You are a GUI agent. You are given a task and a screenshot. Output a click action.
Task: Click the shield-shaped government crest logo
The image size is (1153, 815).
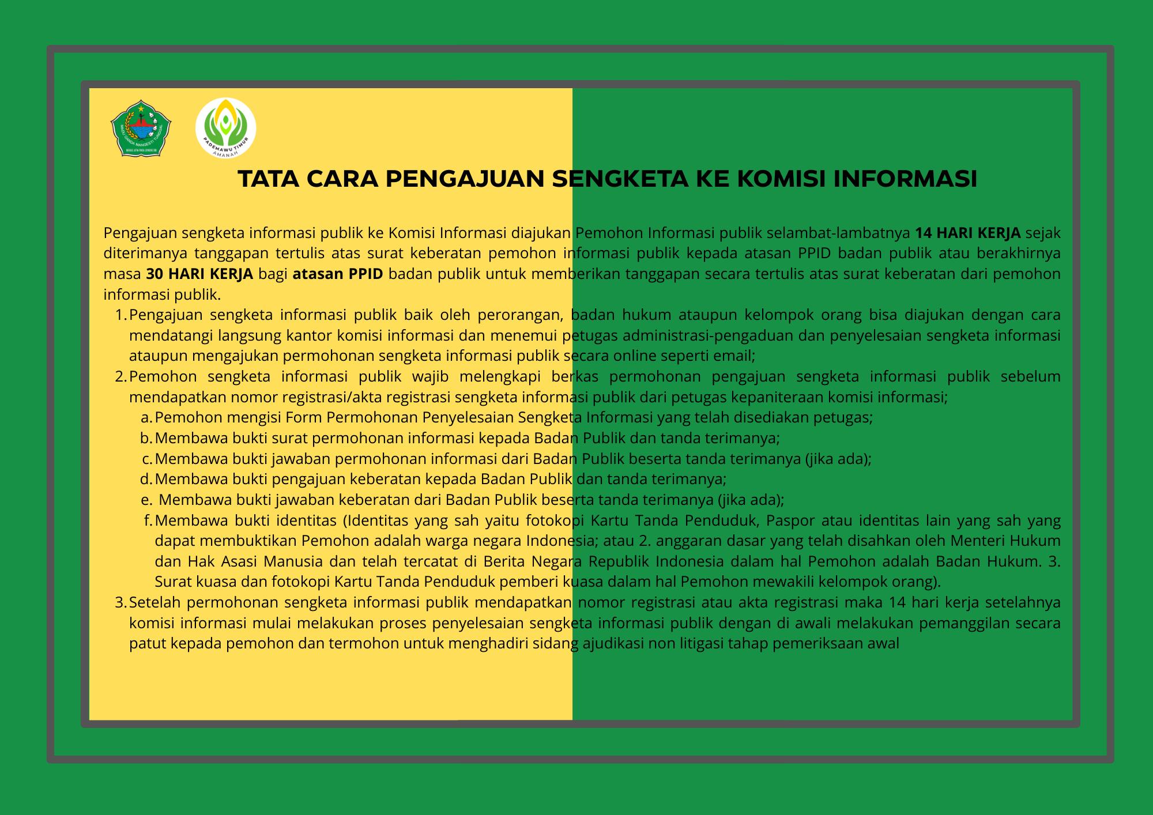[x=141, y=128]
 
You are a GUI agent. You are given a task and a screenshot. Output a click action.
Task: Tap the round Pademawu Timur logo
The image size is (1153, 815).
[x=225, y=128]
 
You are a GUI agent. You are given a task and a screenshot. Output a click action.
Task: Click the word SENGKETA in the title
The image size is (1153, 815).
[x=620, y=179]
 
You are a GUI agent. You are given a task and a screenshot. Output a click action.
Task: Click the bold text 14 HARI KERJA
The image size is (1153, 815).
[x=968, y=233]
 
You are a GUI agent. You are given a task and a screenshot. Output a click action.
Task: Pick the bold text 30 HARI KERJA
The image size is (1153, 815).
[x=199, y=274]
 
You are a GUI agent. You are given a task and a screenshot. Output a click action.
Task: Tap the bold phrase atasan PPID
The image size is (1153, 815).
[x=338, y=274]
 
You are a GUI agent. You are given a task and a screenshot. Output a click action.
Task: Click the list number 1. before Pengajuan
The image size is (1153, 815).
[x=120, y=315]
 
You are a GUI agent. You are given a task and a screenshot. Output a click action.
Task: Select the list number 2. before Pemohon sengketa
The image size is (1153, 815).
[x=120, y=377]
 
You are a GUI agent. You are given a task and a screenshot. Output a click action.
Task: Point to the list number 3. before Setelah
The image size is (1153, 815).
[x=120, y=603]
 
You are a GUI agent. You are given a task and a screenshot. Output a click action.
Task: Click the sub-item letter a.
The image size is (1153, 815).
[x=146, y=418]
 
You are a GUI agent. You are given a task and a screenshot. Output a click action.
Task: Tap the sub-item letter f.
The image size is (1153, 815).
[x=148, y=520]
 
